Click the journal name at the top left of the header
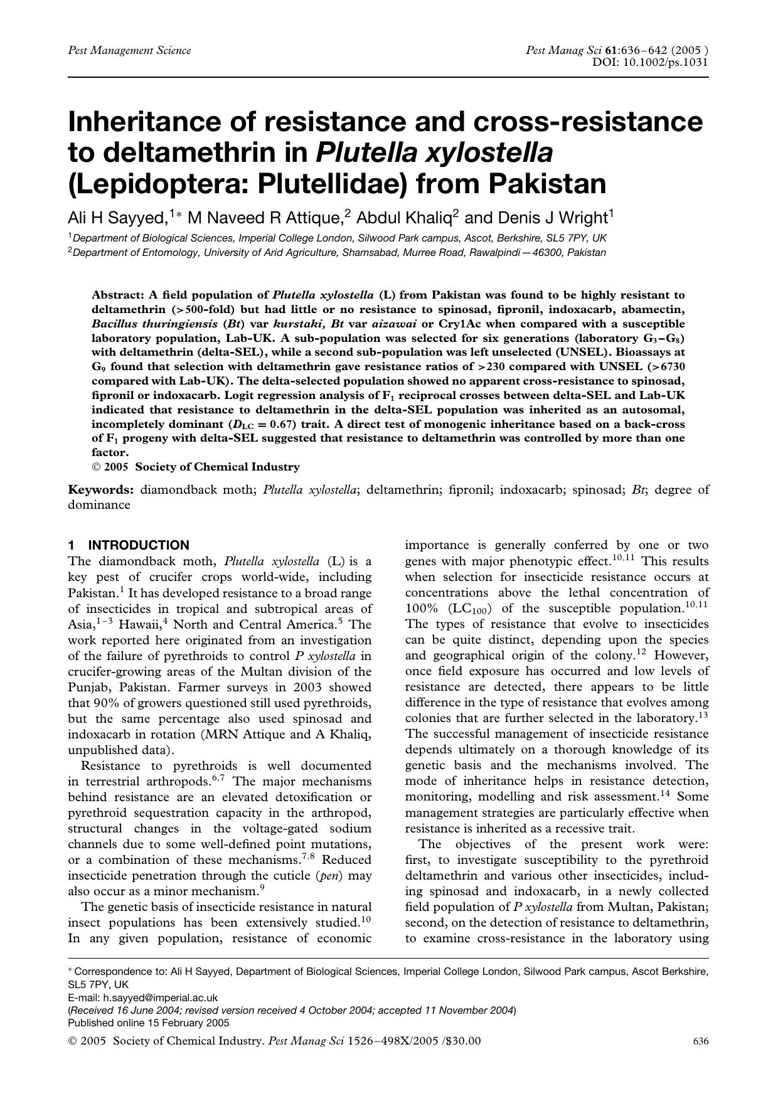pos(129,50)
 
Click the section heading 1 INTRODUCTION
pos(129,545)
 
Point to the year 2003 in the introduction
pos(309,687)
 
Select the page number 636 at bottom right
pos(701,1041)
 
